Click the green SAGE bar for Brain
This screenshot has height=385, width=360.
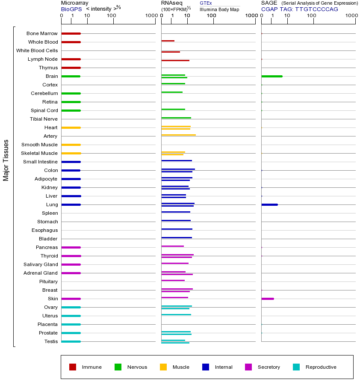[x=272, y=76]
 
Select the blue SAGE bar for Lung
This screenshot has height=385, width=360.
[x=269, y=204]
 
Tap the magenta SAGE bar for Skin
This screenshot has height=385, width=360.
[x=268, y=299]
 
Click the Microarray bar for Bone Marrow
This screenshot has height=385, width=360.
[x=71, y=33]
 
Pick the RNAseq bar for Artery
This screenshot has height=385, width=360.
[x=178, y=135]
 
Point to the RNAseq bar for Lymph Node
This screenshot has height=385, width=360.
[x=175, y=60]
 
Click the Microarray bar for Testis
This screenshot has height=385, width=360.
[x=71, y=341]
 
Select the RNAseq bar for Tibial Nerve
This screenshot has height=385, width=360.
[x=176, y=118]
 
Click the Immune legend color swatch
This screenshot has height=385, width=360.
[x=73, y=367]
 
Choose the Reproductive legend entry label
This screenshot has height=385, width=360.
[x=321, y=367]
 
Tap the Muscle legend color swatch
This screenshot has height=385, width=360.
[x=163, y=367]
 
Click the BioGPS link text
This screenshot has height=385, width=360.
[x=71, y=9]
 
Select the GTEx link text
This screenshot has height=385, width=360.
[x=206, y=3]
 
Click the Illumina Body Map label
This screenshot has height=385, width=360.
[x=219, y=9]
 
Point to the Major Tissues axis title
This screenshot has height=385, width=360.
[x=6, y=160]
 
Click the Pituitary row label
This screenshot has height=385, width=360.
[x=48, y=281]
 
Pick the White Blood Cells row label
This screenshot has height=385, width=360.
[x=37, y=50]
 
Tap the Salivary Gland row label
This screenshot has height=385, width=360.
[x=41, y=264]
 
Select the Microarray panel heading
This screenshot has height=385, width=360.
[x=75, y=3]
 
